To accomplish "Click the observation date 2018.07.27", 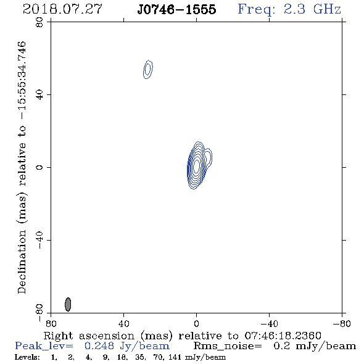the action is pyautogui.click(x=62, y=9).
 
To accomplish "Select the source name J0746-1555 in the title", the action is pyautogui.click(x=176, y=9).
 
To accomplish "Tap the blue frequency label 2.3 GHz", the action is pyautogui.click(x=312, y=9).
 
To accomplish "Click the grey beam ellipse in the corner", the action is pyautogui.click(x=68, y=304).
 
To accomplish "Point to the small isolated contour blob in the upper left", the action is pyautogui.click(x=148, y=70).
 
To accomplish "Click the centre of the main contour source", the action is pyautogui.click(x=196, y=166).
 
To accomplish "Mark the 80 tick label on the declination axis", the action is pyautogui.click(x=39, y=22).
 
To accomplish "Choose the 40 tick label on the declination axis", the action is pyautogui.click(x=39, y=95).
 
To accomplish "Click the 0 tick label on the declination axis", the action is pyautogui.click(x=39, y=167).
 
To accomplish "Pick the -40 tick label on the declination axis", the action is pyautogui.click(x=39, y=240).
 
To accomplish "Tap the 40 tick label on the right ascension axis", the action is pyautogui.click(x=123, y=324).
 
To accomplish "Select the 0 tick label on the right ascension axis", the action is pyautogui.click(x=196, y=324).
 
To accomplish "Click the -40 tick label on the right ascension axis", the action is pyautogui.click(x=269, y=324).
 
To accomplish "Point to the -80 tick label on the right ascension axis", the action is pyautogui.click(x=342, y=324).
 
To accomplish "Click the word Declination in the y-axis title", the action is pyautogui.click(x=22, y=262).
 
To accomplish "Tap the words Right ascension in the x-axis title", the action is pyautogui.click(x=89, y=336).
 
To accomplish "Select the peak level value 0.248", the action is pyautogui.click(x=99, y=346).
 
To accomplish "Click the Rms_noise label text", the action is pyautogui.click(x=227, y=346).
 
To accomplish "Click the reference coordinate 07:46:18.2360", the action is pyautogui.click(x=283, y=336).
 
